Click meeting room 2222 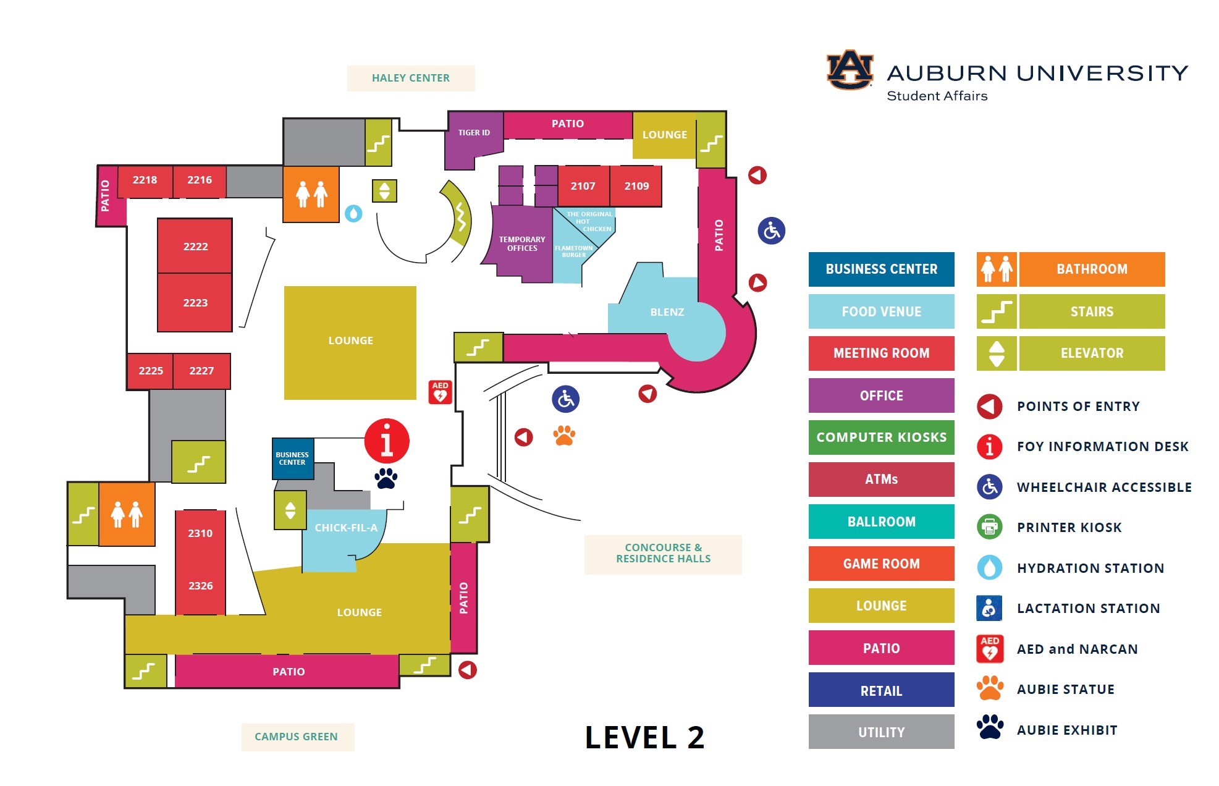point(195,246)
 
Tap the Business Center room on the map point(292,458)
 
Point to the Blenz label point(667,312)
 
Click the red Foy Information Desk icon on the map point(387,441)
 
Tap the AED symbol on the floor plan point(441,392)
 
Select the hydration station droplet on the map point(353,214)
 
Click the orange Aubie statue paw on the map point(564,436)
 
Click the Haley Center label point(411,78)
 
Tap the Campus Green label point(297,737)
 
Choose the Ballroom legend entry point(881,522)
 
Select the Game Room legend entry point(881,564)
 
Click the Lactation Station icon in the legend point(989,609)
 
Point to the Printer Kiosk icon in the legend point(989,527)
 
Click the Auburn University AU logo point(850,70)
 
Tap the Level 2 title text point(644,737)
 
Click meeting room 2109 point(636,186)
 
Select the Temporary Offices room point(522,244)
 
